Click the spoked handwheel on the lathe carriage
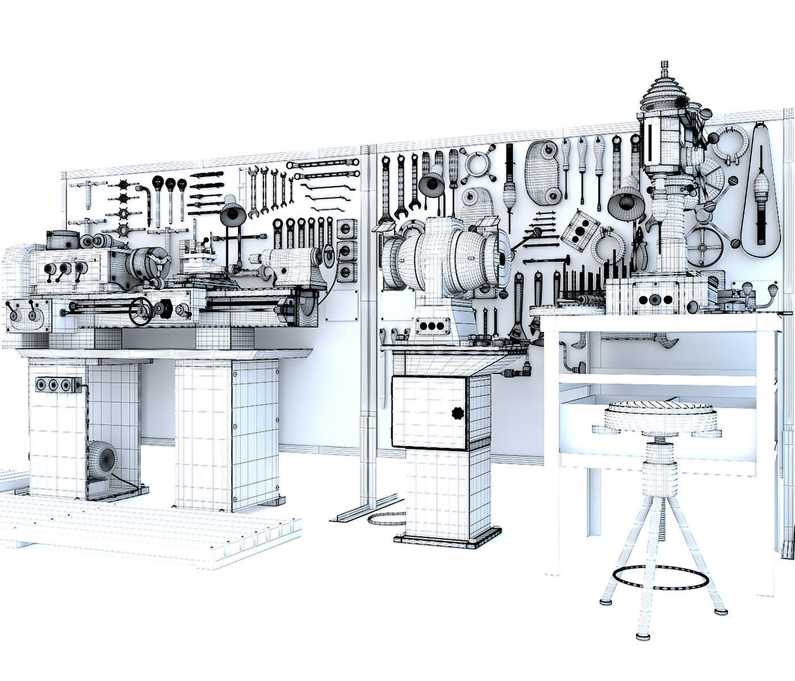coord(140,312)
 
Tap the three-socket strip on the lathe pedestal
coord(54,385)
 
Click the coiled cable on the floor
coord(386,521)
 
